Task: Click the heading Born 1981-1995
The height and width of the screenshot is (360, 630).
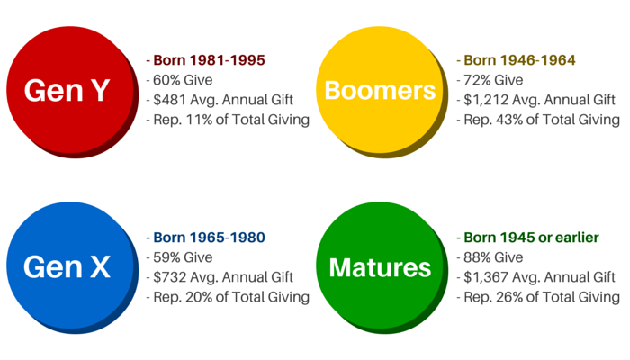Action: (209, 60)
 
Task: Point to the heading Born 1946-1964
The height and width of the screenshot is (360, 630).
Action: (519, 60)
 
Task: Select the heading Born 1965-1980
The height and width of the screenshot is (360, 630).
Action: (209, 238)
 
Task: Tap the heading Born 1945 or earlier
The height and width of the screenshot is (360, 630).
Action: (531, 238)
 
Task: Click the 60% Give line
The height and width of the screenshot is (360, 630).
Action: (179, 80)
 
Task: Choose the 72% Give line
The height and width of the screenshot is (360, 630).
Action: (490, 80)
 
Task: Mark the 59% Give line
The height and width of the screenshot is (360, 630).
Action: (179, 257)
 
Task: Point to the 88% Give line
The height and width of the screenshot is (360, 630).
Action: (490, 257)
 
